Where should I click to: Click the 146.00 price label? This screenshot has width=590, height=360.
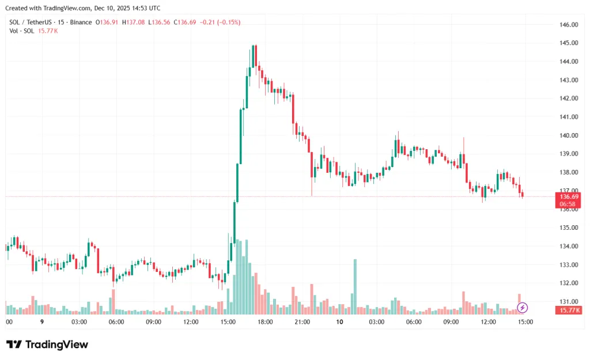point(569,25)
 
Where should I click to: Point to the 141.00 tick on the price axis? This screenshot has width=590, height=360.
point(569,117)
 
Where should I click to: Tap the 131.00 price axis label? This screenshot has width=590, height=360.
point(569,301)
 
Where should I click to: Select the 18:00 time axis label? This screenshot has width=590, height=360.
point(265,322)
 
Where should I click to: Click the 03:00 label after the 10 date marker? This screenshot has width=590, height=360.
point(377,322)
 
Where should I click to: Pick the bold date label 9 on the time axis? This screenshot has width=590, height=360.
point(41,322)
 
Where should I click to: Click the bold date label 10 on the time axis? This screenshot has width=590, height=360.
point(339,322)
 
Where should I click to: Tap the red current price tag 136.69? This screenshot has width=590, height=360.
point(569,196)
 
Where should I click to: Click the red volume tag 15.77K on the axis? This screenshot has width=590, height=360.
point(569,310)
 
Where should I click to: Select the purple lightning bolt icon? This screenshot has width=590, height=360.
point(522,307)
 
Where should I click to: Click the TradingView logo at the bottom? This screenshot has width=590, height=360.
point(47,344)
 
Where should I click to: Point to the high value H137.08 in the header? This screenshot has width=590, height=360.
point(133,22)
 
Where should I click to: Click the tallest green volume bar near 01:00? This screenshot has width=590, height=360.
point(355,286)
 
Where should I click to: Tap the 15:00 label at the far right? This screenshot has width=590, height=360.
point(525,322)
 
